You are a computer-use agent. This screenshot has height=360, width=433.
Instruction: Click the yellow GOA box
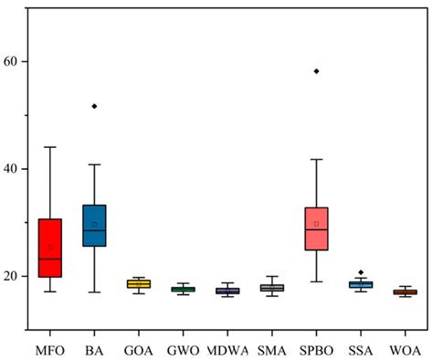(x=139, y=284)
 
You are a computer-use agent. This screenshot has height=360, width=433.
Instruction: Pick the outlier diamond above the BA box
(x=94, y=106)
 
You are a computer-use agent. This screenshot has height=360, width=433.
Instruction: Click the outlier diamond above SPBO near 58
(x=316, y=71)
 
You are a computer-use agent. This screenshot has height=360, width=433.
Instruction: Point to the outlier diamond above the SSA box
(x=360, y=272)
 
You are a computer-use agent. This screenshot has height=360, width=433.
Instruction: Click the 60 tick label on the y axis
(x=17, y=61)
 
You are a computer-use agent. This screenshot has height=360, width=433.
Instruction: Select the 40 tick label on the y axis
(x=17, y=169)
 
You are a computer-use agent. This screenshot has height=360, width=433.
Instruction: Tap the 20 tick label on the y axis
(x=17, y=277)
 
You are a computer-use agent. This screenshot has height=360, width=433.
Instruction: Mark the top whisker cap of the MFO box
(x=50, y=147)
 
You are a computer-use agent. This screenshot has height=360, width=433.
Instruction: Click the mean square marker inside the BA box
(x=94, y=224)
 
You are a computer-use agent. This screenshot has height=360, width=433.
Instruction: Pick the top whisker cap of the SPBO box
(x=316, y=160)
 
